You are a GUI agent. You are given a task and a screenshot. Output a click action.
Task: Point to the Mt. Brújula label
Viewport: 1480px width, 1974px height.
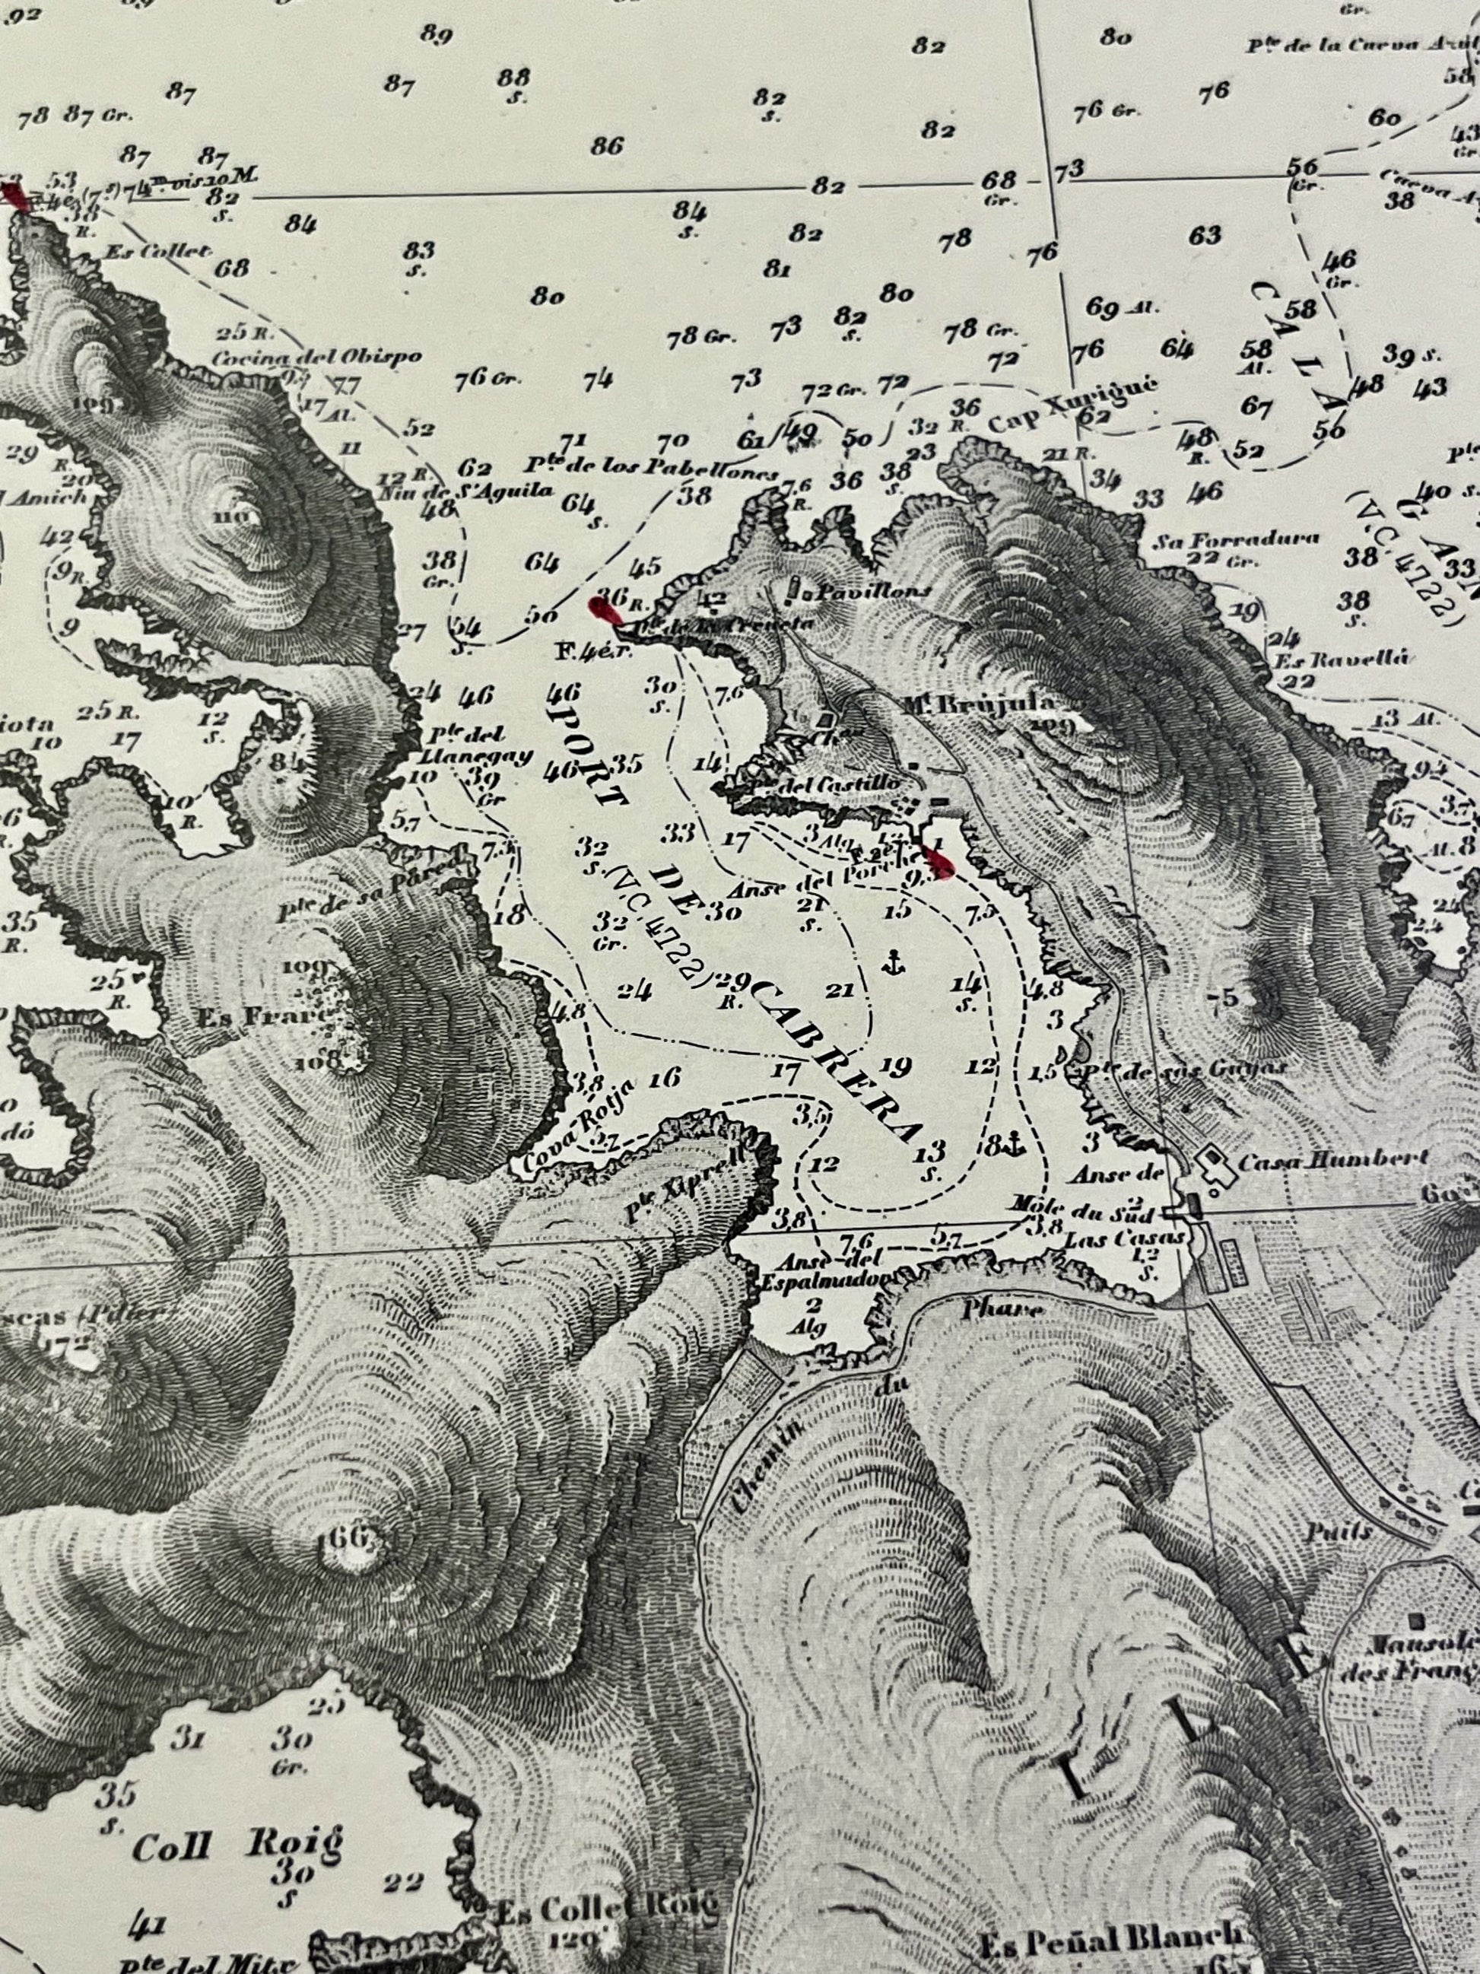tap(980, 705)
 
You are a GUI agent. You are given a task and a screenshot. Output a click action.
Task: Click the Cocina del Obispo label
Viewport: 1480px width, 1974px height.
tap(316, 357)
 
